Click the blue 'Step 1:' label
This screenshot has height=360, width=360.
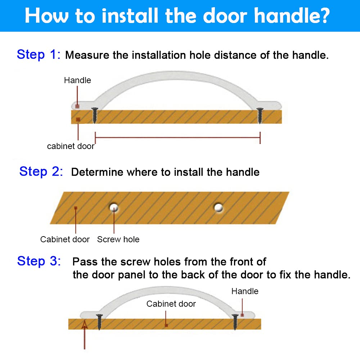point(39,55)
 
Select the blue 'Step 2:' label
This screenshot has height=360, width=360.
point(41,171)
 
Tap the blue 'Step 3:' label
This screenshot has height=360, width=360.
point(39,261)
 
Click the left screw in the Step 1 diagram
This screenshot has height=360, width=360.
point(95,115)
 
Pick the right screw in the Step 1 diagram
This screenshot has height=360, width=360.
point(260,116)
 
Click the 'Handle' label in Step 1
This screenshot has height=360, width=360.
point(77,80)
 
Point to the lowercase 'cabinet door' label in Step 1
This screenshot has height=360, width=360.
point(71,146)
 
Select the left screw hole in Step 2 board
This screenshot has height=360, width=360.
point(114,208)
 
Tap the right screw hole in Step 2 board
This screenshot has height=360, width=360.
point(219,208)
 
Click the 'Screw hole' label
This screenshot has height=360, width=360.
point(118,239)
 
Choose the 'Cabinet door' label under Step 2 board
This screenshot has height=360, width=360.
point(65,239)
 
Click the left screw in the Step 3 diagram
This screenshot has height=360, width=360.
point(99,322)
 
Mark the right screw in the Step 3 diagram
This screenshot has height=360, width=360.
point(235,322)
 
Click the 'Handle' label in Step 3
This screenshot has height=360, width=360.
point(245,291)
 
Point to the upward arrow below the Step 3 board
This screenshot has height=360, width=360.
point(85,335)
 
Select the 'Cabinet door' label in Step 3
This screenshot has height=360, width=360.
point(171,304)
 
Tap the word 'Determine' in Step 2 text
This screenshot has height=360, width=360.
point(97,172)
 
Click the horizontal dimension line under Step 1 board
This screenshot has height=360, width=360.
point(177,138)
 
